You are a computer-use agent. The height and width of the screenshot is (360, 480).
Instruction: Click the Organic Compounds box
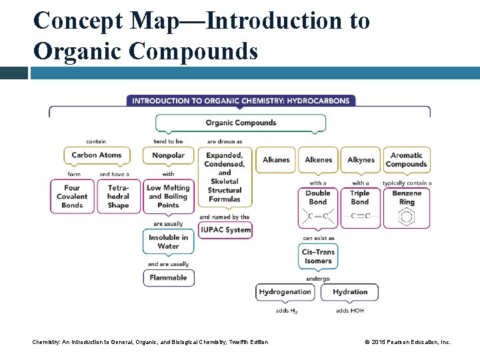(241, 123)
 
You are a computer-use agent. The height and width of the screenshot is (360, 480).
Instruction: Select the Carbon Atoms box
(97, 155)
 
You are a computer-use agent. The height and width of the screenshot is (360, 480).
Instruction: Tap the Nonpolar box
(168, 155)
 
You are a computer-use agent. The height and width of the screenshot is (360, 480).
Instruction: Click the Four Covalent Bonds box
(72, 197)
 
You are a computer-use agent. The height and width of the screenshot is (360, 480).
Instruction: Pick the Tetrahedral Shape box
(118, 197)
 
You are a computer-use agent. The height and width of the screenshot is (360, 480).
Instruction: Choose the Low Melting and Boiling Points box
(168, 197)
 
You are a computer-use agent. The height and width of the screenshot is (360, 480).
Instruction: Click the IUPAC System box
(225, 230)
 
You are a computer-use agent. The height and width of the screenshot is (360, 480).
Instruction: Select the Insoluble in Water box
(168, 241)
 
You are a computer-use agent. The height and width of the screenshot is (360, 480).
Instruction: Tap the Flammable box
(168, 278)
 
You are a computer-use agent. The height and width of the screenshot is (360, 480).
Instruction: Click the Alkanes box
(276, 160)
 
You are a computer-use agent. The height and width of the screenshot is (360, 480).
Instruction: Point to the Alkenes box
(318, 160)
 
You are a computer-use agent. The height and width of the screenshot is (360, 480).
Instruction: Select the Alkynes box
(361, 160)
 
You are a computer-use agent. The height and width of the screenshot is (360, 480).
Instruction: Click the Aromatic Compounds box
(406, 160)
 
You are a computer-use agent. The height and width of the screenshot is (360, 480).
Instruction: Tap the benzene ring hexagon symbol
(406, 217)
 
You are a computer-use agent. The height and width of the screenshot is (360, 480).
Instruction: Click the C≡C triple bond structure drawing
(360, 216)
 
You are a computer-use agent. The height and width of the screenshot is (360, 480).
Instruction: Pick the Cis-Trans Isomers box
(318, 257)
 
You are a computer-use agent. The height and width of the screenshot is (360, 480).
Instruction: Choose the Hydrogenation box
(285, 292)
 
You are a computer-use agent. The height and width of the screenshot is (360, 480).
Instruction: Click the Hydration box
(350, 292)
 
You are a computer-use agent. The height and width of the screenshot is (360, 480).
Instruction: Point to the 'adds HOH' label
(350, 311)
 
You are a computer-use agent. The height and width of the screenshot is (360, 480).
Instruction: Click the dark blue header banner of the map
(241, 101)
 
